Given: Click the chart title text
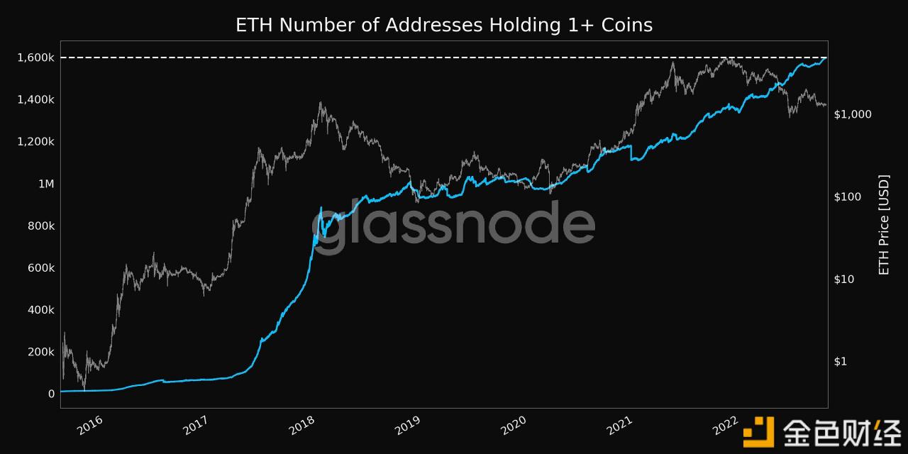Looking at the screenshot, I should pos(444,25).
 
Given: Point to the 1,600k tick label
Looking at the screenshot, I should pos(36,57).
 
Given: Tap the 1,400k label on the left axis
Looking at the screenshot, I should pos(36,99).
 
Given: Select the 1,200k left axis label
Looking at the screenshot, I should pos(36,142).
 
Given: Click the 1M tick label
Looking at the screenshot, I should pos(46,184).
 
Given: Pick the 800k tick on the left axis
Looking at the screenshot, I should pos(41,226).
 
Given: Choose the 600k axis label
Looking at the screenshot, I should pos(41,267).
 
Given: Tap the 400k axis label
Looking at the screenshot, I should pos(41,310).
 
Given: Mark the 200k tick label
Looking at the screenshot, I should pos(41,352).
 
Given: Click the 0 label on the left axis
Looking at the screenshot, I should pos(51,394).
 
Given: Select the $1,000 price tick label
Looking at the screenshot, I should pos(853,114).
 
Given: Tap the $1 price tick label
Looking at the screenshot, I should pos(841,361).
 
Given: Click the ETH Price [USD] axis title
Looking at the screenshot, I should pos(884,225).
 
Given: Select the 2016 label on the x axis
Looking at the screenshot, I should pos(90,426).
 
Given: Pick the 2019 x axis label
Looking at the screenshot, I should pos(407,426).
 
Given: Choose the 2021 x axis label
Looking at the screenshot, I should pos(620,426).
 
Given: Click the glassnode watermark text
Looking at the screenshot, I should pos(453,225).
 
